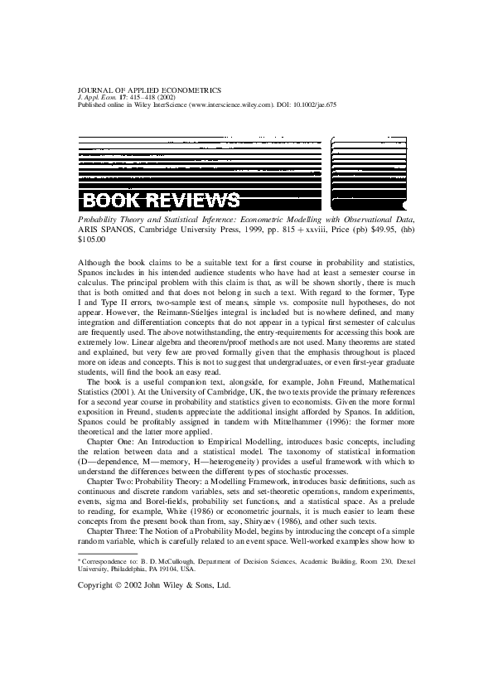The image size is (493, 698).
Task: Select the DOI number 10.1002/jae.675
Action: click(x=315, y=106)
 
